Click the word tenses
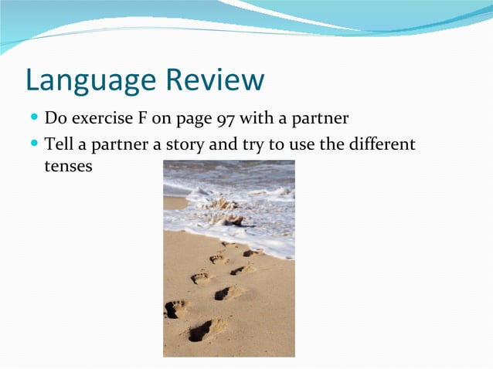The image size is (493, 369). (69, 166)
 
